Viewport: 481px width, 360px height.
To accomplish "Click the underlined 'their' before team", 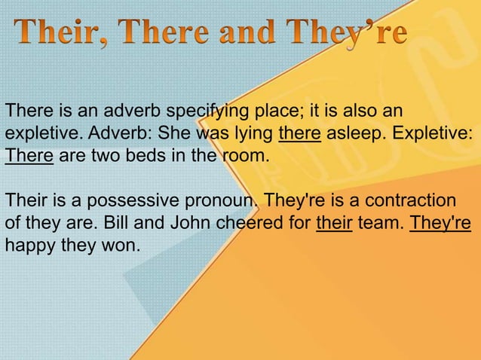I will tap(335, 224).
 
